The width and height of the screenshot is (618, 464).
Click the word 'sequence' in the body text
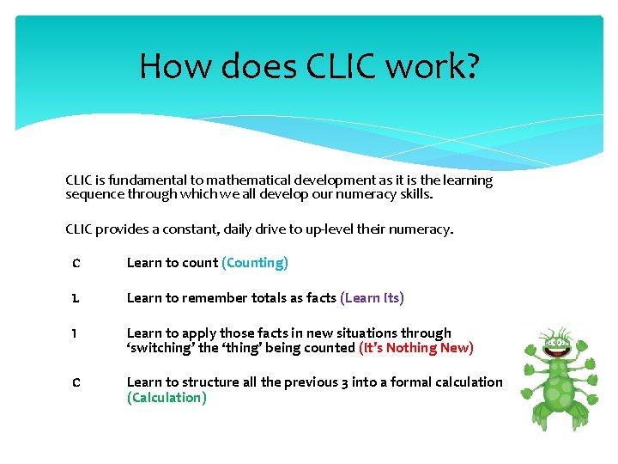click(x=94, y=194)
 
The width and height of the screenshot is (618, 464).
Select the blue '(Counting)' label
click(x=255, y=263)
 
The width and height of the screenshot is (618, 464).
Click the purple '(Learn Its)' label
click(x=372, y=298)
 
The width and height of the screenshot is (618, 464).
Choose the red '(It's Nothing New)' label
click(x=415, y=348)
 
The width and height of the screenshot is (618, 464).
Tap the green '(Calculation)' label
click(x=167, y=398)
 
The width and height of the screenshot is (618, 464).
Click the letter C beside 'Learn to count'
click(x=76, y=263)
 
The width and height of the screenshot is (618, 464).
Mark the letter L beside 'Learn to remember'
click(x=76, y=298)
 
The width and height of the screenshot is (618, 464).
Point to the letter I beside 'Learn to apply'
click(x=76, y=333)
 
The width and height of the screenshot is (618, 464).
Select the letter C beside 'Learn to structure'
click(x=76, y=382)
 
